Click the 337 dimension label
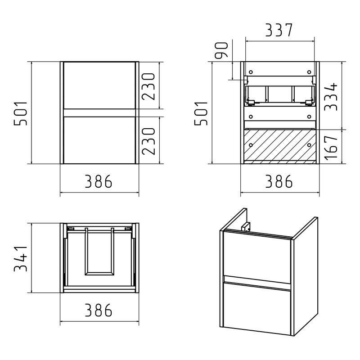tap(279, 30)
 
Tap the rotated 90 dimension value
tap(221, 50)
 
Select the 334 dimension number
tap(331, 97)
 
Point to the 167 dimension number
tap(331, 147)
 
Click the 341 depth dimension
tap(20, 259)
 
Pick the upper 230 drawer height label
tap(148, 86)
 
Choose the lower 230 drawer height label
tap(148, 141)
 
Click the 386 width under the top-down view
tap(99, 310)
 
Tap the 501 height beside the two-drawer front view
tap(20, 113)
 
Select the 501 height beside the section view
tap(201, 113)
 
